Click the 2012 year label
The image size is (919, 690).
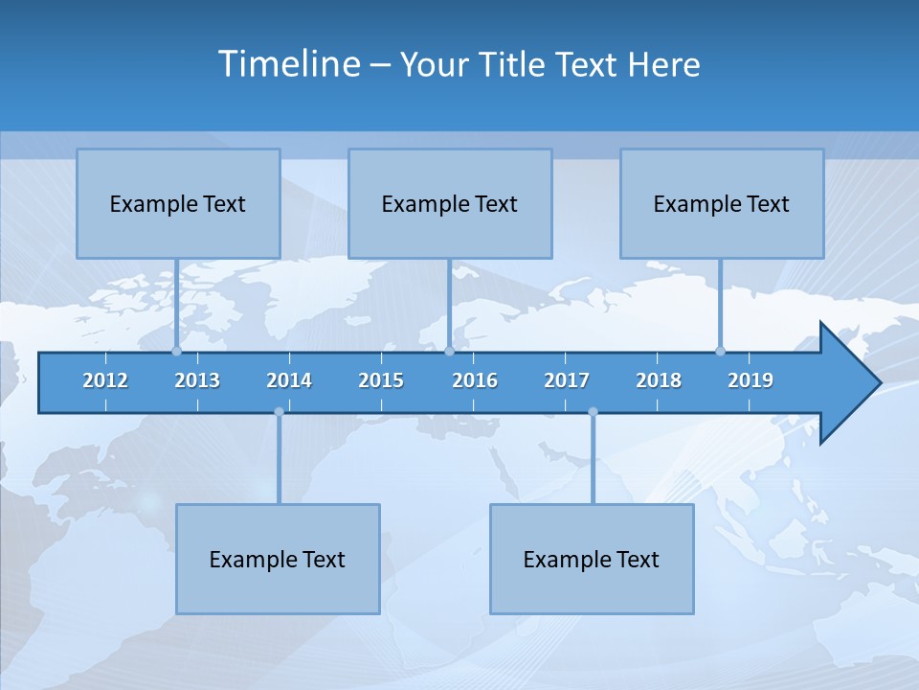(x=105, y=380)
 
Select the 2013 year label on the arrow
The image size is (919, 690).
(x=197, y=380)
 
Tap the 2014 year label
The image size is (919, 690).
(x=289, y=380)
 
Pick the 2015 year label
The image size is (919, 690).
(x=381, y=380)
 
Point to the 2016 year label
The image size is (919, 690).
(x=475, y=380)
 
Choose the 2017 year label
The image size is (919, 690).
(x=567, y=380)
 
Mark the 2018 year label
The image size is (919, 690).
(x=659, y=380)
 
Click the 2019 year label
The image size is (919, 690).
(x=751, y=380)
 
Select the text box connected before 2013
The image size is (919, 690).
(x=178, y=203)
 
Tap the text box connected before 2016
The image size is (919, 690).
(x=450, y=203)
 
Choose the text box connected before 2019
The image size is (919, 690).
(x=722, y=203)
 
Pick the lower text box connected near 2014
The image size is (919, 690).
(x=278, y=559)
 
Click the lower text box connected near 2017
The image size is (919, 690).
(x=592, y=559)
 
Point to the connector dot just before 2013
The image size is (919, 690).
(x=176, y=351)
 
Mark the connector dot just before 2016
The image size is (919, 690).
(x=450, y=351)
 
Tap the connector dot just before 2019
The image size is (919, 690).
(x=720, y=351)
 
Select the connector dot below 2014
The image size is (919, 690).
(x=279, y=412)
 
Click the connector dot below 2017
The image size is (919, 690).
(x=593, y=412)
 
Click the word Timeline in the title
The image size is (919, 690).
(x=289, y=63)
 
